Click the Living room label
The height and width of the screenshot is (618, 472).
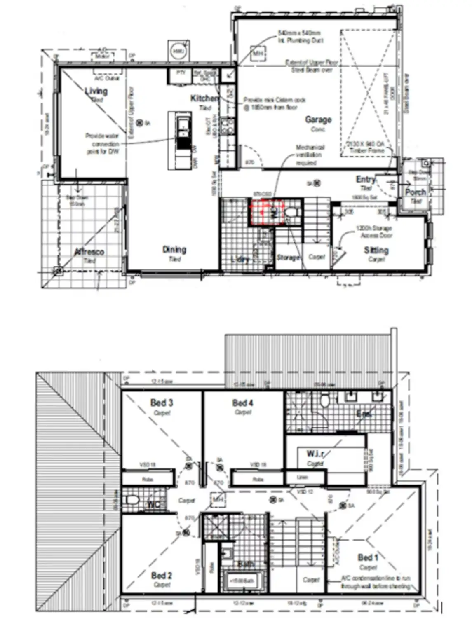[x=96, y=91]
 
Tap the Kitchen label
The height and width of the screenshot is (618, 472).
[x=204, y=98]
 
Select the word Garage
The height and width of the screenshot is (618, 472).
[x=318, y=119]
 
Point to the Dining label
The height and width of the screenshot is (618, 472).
[x=174, y=249]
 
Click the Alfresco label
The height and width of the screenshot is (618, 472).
[x=89, y=252]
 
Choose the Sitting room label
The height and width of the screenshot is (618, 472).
[x=376, y=250]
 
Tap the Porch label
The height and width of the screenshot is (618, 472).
[x=415, y=192]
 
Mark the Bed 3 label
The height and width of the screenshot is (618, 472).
[x=161, y=403]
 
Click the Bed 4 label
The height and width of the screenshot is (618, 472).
[x=242, y=403]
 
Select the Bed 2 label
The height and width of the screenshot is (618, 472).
[x=161, y=576]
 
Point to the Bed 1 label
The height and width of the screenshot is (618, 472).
[x=368, y=557]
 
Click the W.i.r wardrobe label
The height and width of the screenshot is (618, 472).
[x=315, y=454]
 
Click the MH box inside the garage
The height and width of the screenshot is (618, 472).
[x=258, y=54]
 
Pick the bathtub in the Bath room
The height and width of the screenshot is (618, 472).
[x=243, y=581]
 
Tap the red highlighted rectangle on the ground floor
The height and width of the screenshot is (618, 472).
[x=267, y=212]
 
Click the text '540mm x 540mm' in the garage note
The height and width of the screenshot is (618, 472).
[x=299, y=33]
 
